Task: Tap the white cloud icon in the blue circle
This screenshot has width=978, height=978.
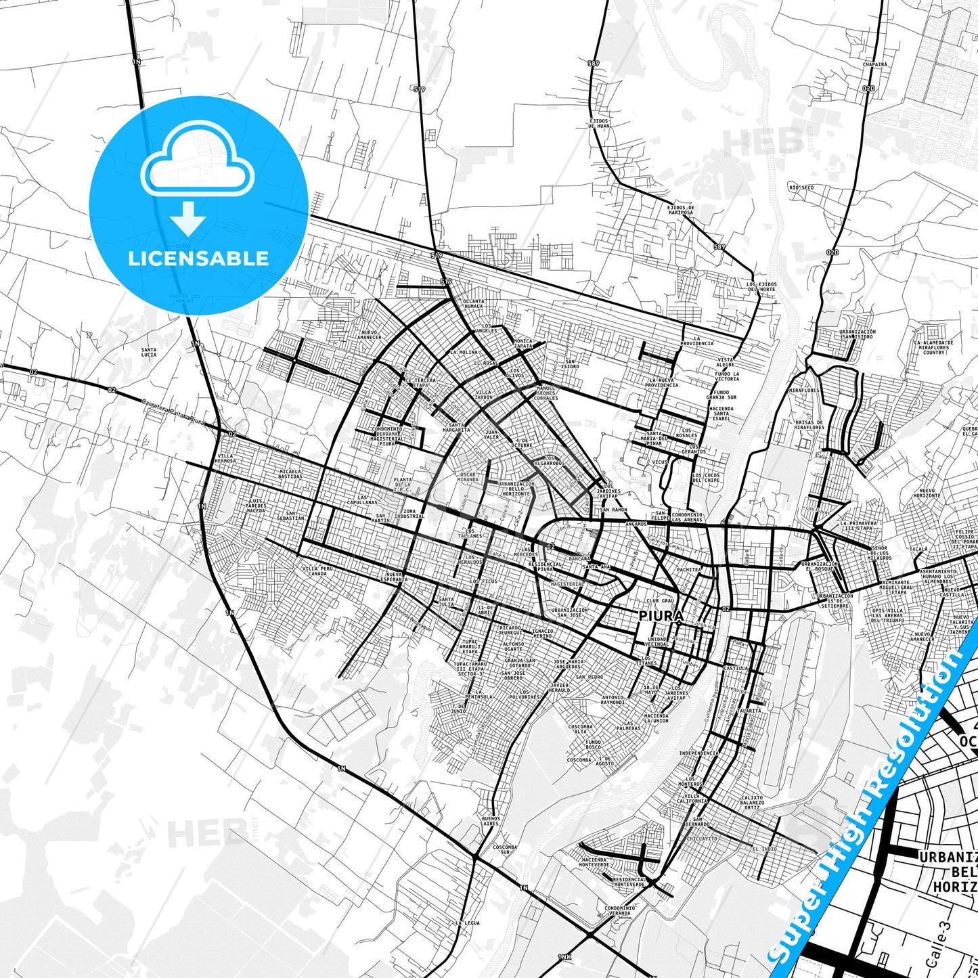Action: pos(198,160)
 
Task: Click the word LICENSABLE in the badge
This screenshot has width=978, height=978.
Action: pos(198,258)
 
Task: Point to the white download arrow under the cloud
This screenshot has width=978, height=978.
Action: pos(188,217)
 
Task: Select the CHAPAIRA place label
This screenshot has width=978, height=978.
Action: pos(874,64)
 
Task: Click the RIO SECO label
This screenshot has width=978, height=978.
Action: pos(801,187)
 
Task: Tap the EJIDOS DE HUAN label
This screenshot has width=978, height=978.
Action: pos(599,123)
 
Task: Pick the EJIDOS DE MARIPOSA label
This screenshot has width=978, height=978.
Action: pos(680,210)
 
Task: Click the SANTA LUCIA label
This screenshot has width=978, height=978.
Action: pos(148,353)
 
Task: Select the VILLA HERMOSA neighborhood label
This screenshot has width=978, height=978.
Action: pos(225,458)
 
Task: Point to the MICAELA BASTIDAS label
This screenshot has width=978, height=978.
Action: pos(290,474)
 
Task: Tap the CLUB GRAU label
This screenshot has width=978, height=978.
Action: pos(660,601)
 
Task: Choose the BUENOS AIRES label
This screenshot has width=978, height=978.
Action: pos(491,821)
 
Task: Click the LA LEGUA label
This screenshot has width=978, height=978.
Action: pos(468,923)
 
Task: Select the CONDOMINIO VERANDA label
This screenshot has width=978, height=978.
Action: pos(620,910)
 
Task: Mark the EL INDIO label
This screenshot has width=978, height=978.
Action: pos(764,849)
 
